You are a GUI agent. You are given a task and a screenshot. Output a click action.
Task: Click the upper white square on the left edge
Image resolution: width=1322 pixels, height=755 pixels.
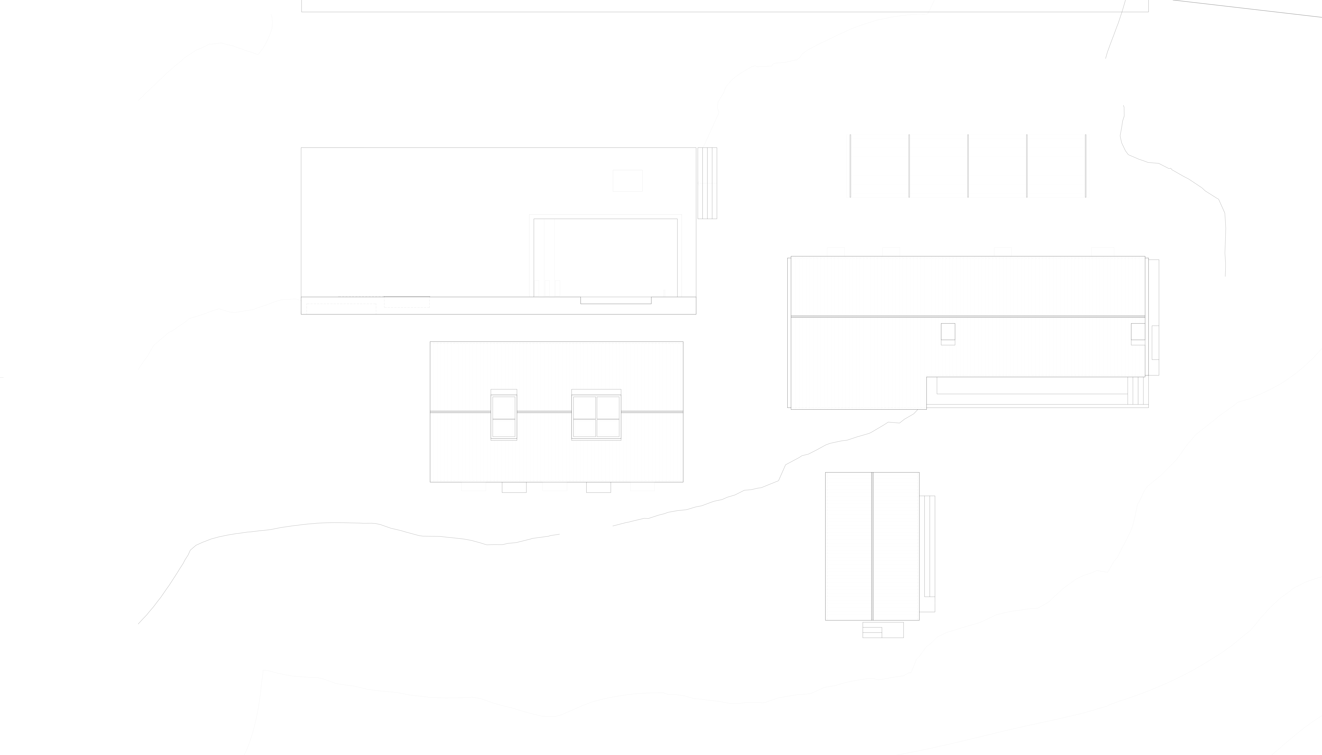click(x=75, y=226)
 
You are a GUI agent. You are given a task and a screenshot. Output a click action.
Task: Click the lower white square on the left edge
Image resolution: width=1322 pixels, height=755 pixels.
click(x=75, y=526)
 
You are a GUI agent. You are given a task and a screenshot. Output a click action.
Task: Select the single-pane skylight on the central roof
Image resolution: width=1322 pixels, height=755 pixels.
click(x=503, y=415)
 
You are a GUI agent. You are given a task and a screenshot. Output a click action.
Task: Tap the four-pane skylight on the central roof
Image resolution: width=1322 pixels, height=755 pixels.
click(x=596, y=415)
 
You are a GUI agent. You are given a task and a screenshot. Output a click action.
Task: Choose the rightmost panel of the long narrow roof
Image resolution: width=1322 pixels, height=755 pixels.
click(x=1057, y=166)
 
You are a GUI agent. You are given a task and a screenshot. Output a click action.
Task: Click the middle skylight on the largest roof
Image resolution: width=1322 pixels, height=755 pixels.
click(x=948, y=333)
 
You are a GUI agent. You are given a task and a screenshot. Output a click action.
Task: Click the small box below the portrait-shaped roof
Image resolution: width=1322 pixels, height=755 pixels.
click(x=883, y=630)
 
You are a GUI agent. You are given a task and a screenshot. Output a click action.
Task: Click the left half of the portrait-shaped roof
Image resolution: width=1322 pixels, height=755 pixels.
click(x=849, y=546)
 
